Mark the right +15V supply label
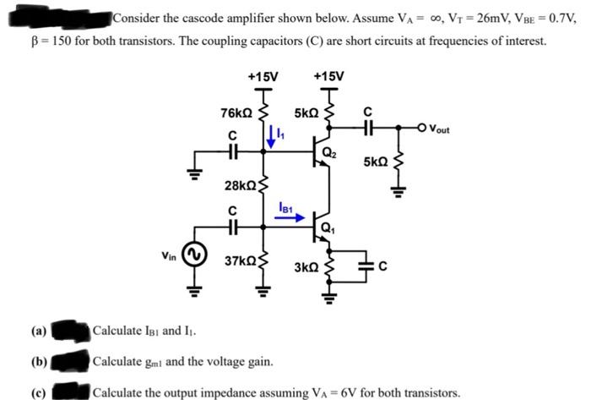pos(328,74)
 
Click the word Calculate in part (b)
pos(117,362)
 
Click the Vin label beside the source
pos(170,254)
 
